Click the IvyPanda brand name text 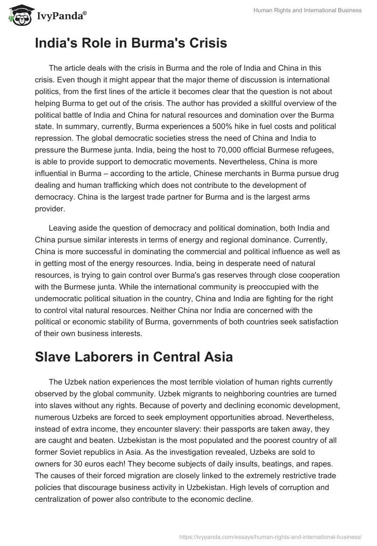(x=61, y=17)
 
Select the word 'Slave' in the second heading (x=52, y=357)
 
